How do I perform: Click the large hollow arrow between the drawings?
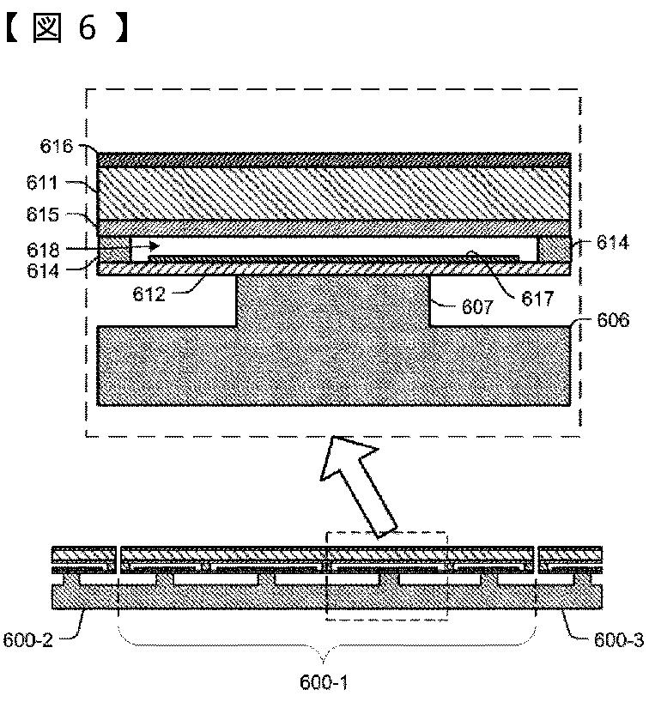pyautogui.click(x=356, y=485)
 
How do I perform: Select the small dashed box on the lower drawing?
pyautogui.click(x=387, y=576)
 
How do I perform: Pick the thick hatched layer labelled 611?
pyautogui.click(x=333, y=193)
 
